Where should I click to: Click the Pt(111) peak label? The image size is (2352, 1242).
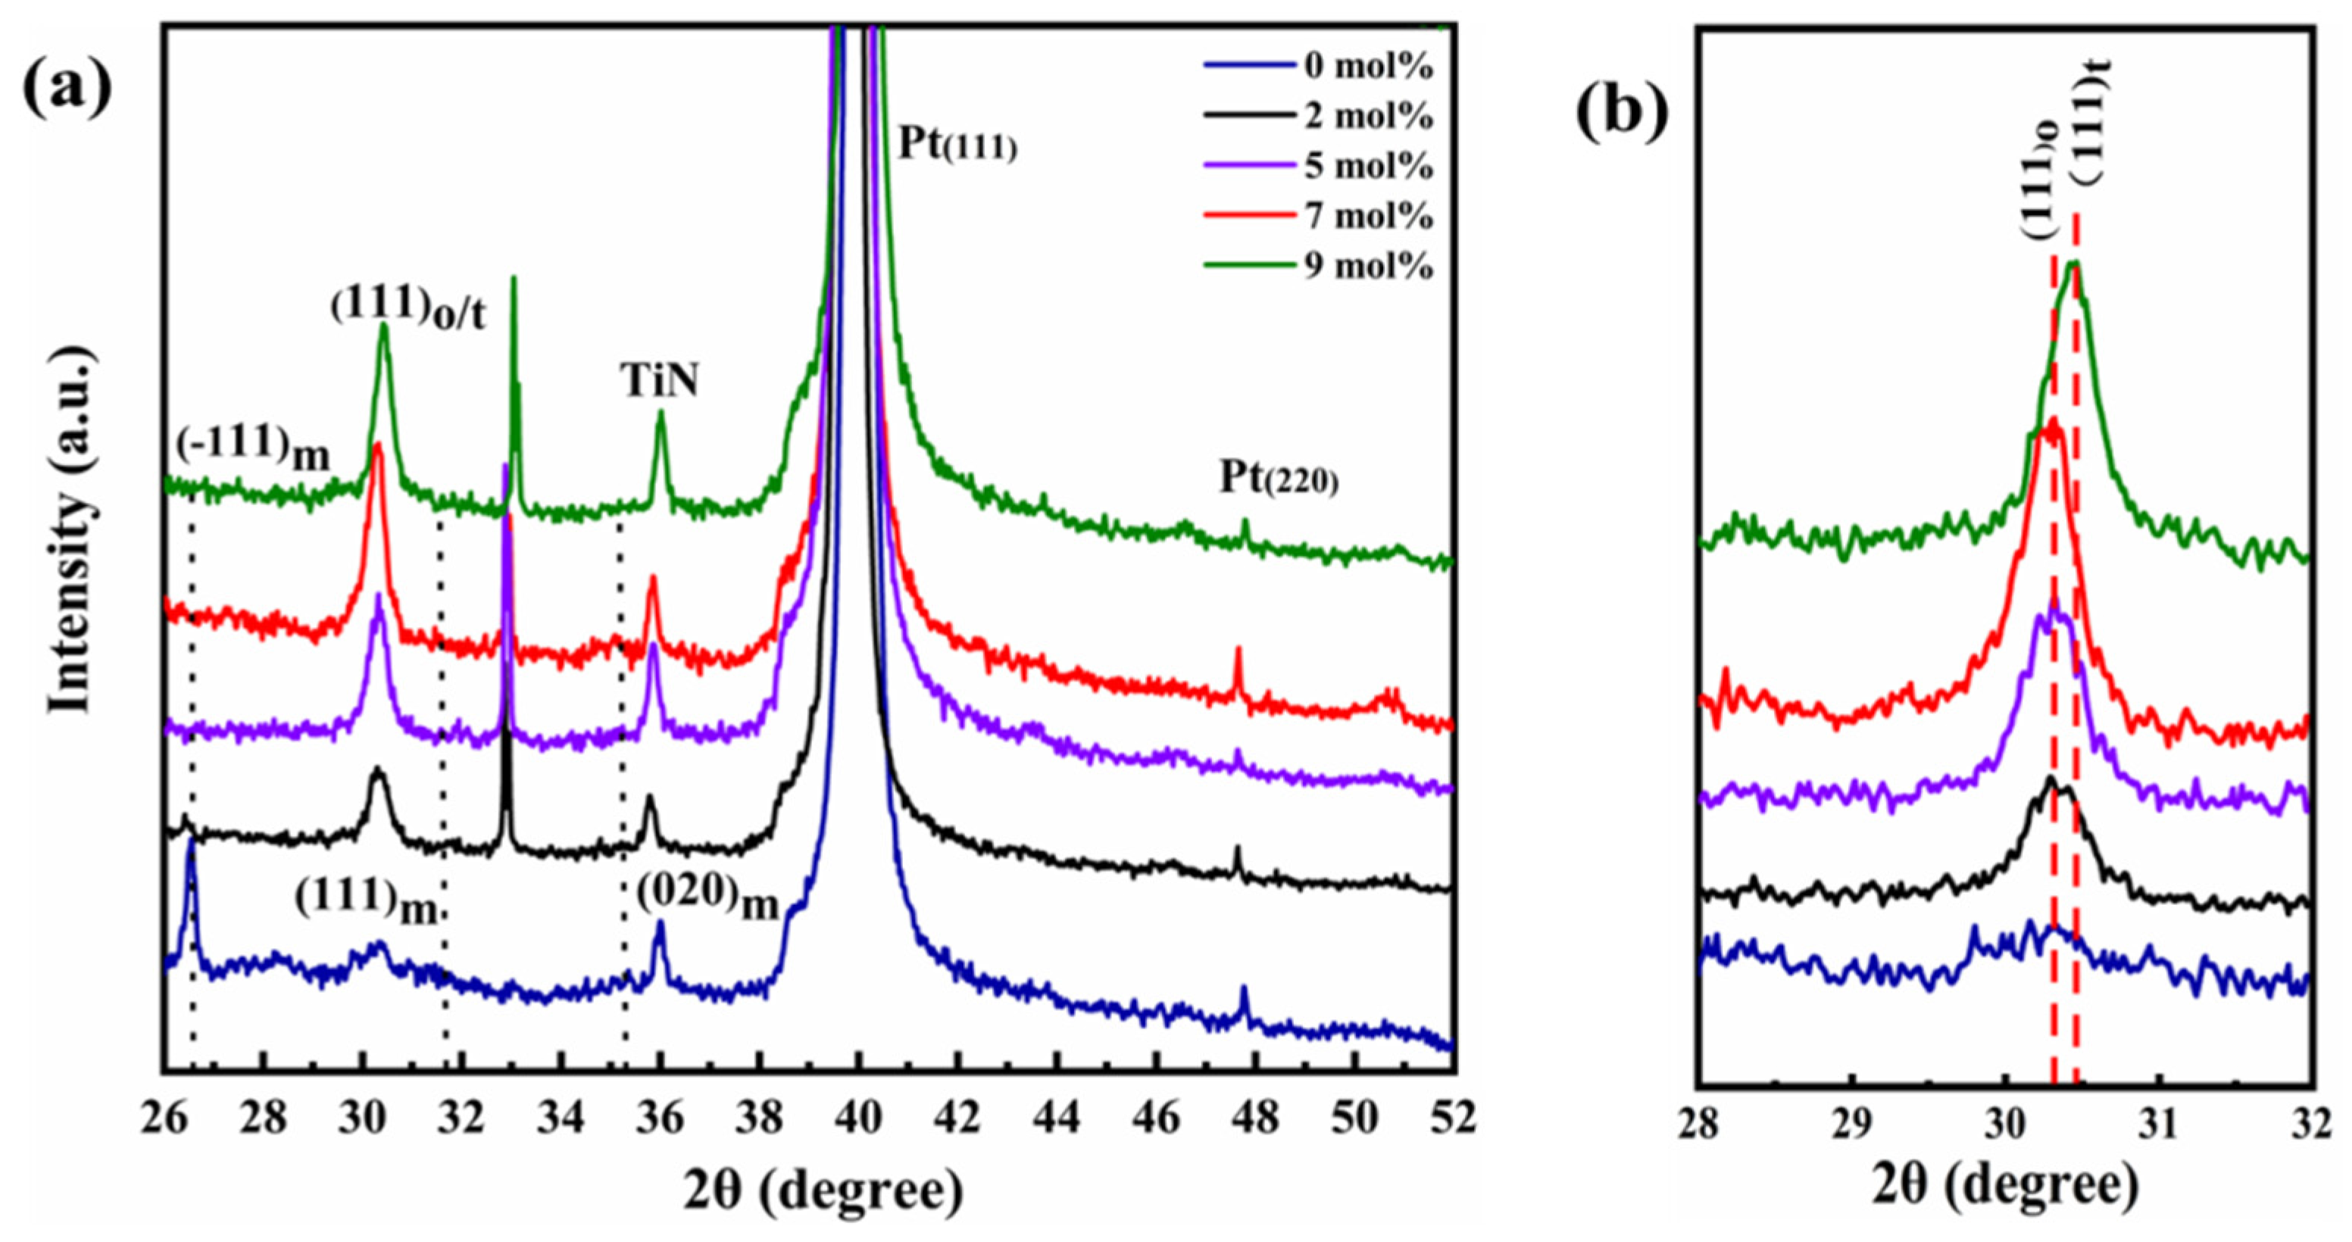coord(957,144)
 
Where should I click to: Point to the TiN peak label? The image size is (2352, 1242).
coord(661,382)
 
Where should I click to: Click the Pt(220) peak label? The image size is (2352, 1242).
coord(1279,479)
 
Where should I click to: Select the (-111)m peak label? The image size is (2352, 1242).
coord(254,450)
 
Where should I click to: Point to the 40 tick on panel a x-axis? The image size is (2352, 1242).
coord(857,1119)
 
